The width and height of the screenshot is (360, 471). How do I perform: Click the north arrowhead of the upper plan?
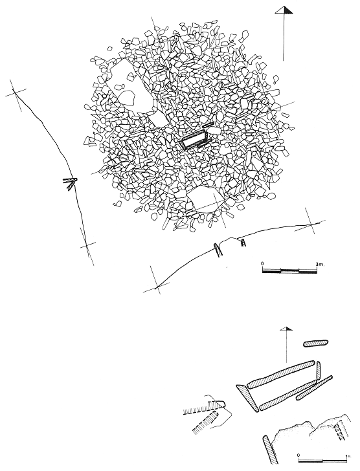284,10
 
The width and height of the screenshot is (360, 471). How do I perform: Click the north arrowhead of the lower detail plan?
286,329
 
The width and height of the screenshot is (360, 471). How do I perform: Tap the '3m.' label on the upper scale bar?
321,264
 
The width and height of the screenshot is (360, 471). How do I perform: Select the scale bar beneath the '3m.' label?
289,270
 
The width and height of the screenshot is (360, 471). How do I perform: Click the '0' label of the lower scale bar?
298,455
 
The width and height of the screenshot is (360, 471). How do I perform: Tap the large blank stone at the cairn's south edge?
205,200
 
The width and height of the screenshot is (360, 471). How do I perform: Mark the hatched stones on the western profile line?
70,183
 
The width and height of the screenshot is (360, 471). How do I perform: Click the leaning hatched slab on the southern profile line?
218,249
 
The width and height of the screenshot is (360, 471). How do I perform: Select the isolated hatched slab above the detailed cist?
315,344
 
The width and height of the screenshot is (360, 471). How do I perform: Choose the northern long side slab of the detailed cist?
280,375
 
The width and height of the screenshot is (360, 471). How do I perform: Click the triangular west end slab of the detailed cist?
247,398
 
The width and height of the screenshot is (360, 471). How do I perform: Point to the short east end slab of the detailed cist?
318,372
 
